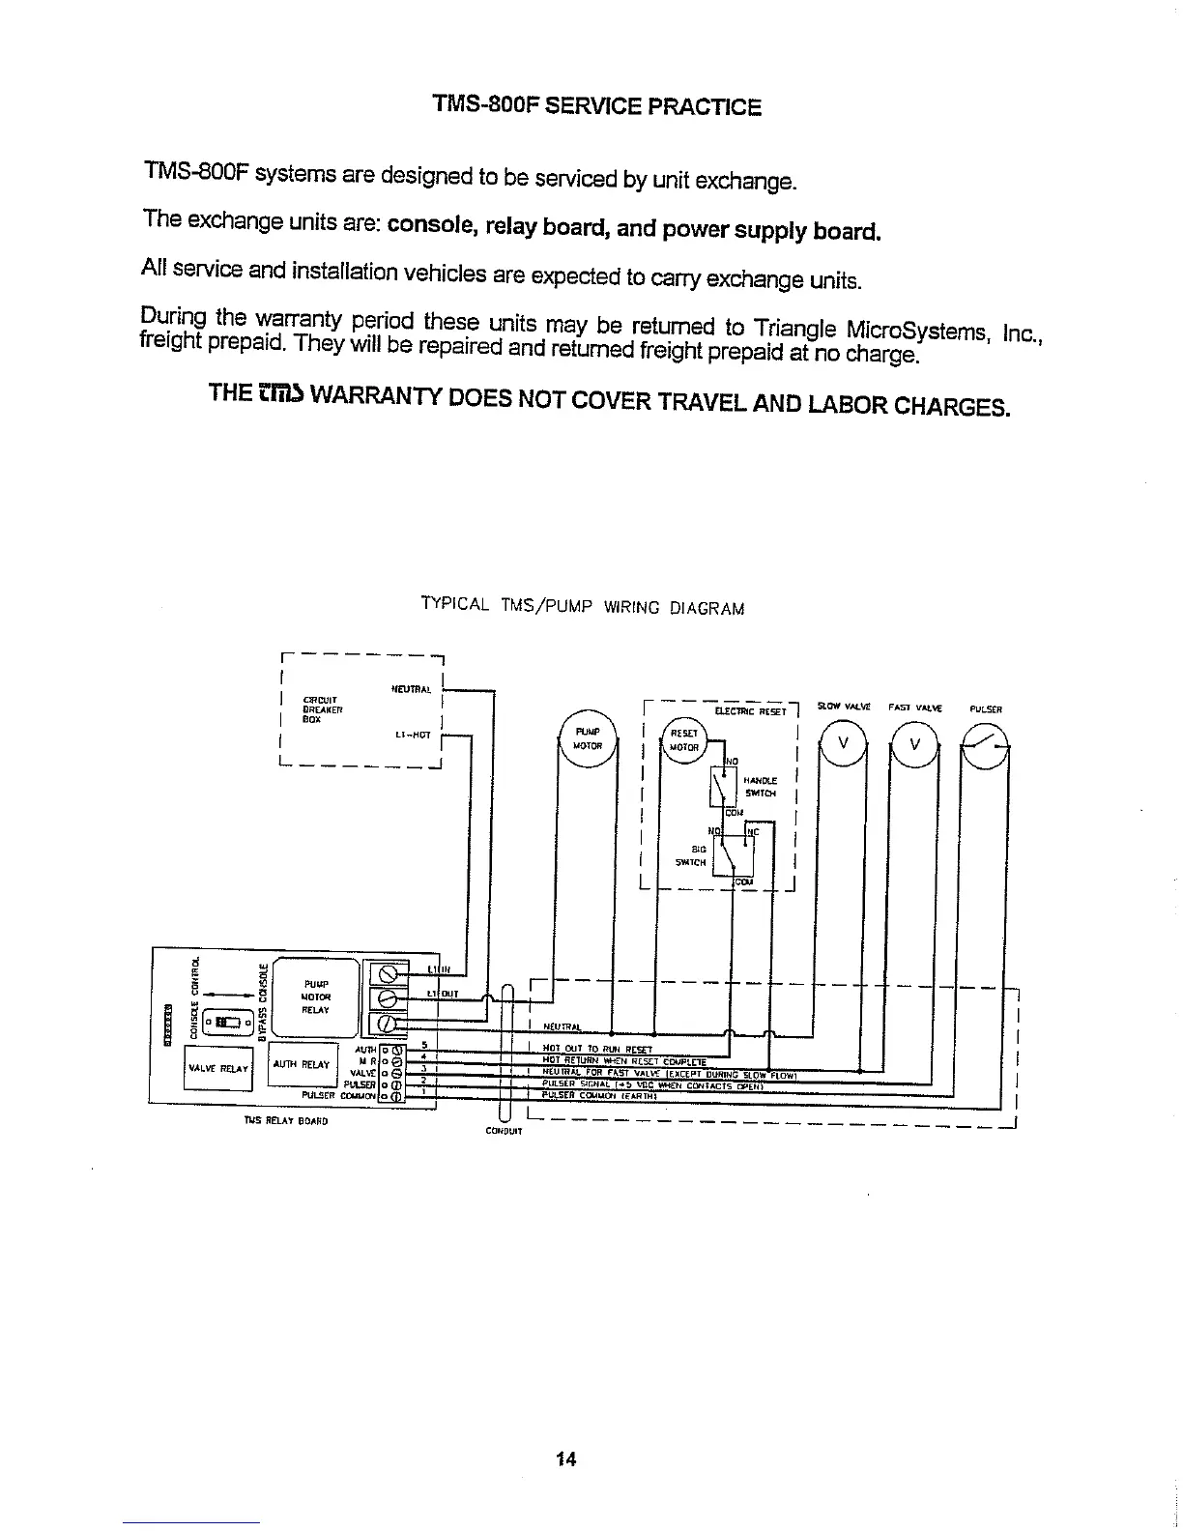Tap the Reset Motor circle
click(x=685, y=740)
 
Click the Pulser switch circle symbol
click(x=986, y=744)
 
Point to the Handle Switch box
click(x=724, y=787)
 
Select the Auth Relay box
click(x=302, y=1064)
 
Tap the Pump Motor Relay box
click(x=316, y=997)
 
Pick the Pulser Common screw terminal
click(x=394, y=1095)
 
